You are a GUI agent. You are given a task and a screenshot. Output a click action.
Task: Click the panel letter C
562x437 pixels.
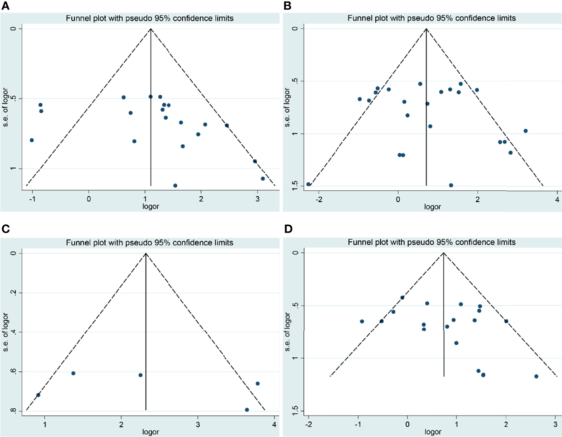click(x=5, y=229)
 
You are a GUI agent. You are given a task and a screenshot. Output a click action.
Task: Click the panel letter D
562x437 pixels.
click(x=288, y=229)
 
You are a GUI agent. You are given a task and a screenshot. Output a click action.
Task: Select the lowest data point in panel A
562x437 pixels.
click(x=175, y=186)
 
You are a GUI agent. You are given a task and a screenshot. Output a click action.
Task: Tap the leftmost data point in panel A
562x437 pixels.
click(x=32, y=140)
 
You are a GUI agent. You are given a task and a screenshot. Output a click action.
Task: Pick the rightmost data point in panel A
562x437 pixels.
click(x=263, y=178)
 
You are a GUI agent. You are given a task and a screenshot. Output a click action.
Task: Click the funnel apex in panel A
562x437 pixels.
click(x=151, y=29)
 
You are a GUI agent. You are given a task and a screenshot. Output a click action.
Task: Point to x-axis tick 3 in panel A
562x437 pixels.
click(x=257, y=198)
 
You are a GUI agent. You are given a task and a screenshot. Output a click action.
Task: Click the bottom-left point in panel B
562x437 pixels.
click(x=308, y=184)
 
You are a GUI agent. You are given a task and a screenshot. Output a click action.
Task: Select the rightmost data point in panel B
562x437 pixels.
click(x=526, y=131)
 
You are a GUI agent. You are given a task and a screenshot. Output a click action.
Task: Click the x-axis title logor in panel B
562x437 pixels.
click(x=432, y=207)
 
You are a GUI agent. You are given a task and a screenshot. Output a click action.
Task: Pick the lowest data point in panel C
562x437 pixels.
click(x=247, y=409)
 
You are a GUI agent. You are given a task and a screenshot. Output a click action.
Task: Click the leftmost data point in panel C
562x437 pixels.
click(x=38, y=395)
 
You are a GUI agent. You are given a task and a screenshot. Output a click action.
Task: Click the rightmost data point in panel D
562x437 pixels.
click(x=536, y=376)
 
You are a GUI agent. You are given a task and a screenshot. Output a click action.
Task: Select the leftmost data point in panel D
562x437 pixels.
click(x=362, y=321)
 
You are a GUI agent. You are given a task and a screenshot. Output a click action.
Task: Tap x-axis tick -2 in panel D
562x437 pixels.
click(x=309, y=424)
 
